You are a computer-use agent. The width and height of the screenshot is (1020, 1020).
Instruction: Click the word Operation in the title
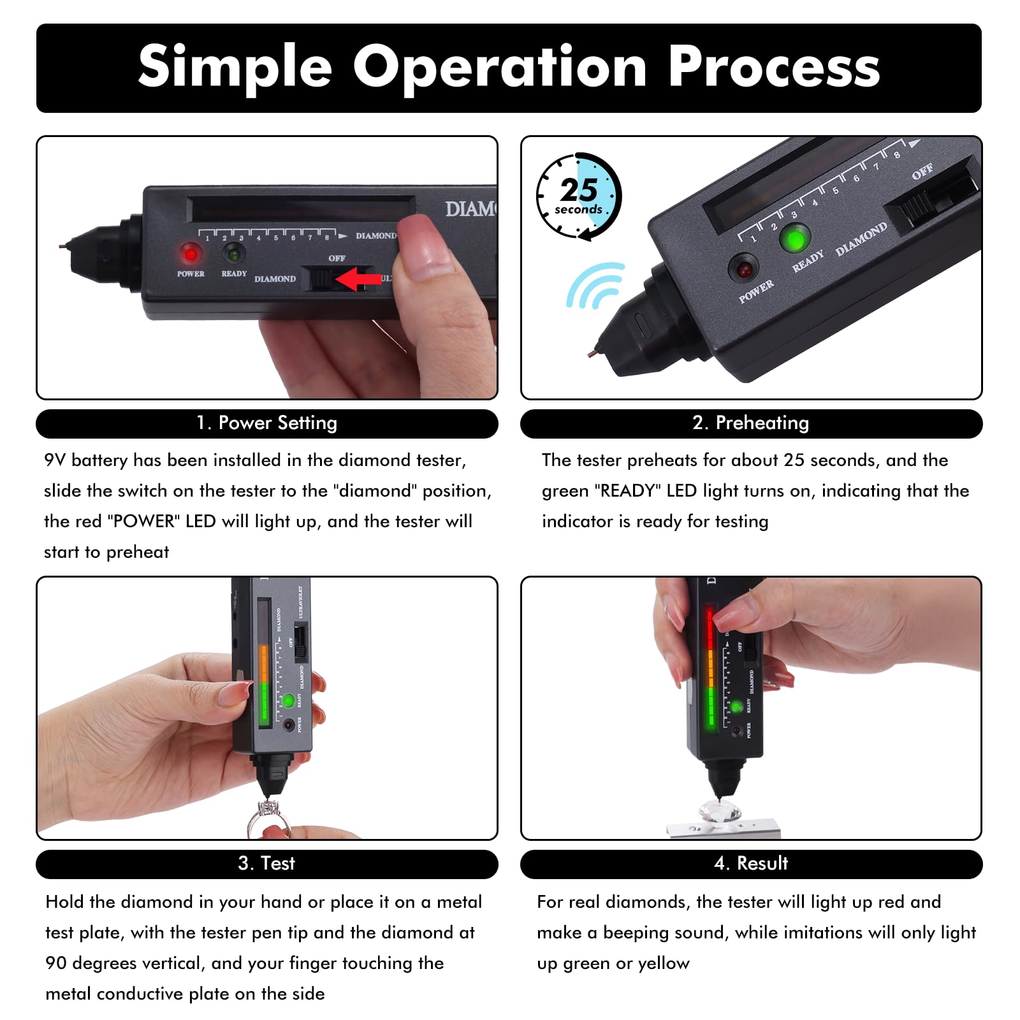coord(500,68)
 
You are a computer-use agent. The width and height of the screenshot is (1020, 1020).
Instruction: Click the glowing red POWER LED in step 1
coord(190,253)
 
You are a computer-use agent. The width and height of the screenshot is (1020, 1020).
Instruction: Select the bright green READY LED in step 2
coord(795,240)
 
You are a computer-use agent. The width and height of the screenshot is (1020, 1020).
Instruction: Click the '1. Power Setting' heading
coord(266,423)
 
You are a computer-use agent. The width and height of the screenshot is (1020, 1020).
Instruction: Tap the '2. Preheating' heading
coord(750,423)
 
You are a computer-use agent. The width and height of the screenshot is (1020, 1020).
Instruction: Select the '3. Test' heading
coord(266,863)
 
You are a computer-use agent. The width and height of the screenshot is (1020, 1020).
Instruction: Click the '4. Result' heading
coord(750,863)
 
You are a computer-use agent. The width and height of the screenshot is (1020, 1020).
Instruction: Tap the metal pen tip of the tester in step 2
coord(594,350)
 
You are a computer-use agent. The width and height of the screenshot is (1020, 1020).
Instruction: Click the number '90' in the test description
coord(56,963)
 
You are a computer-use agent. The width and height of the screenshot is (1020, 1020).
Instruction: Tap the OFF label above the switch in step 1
coord(337,258)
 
